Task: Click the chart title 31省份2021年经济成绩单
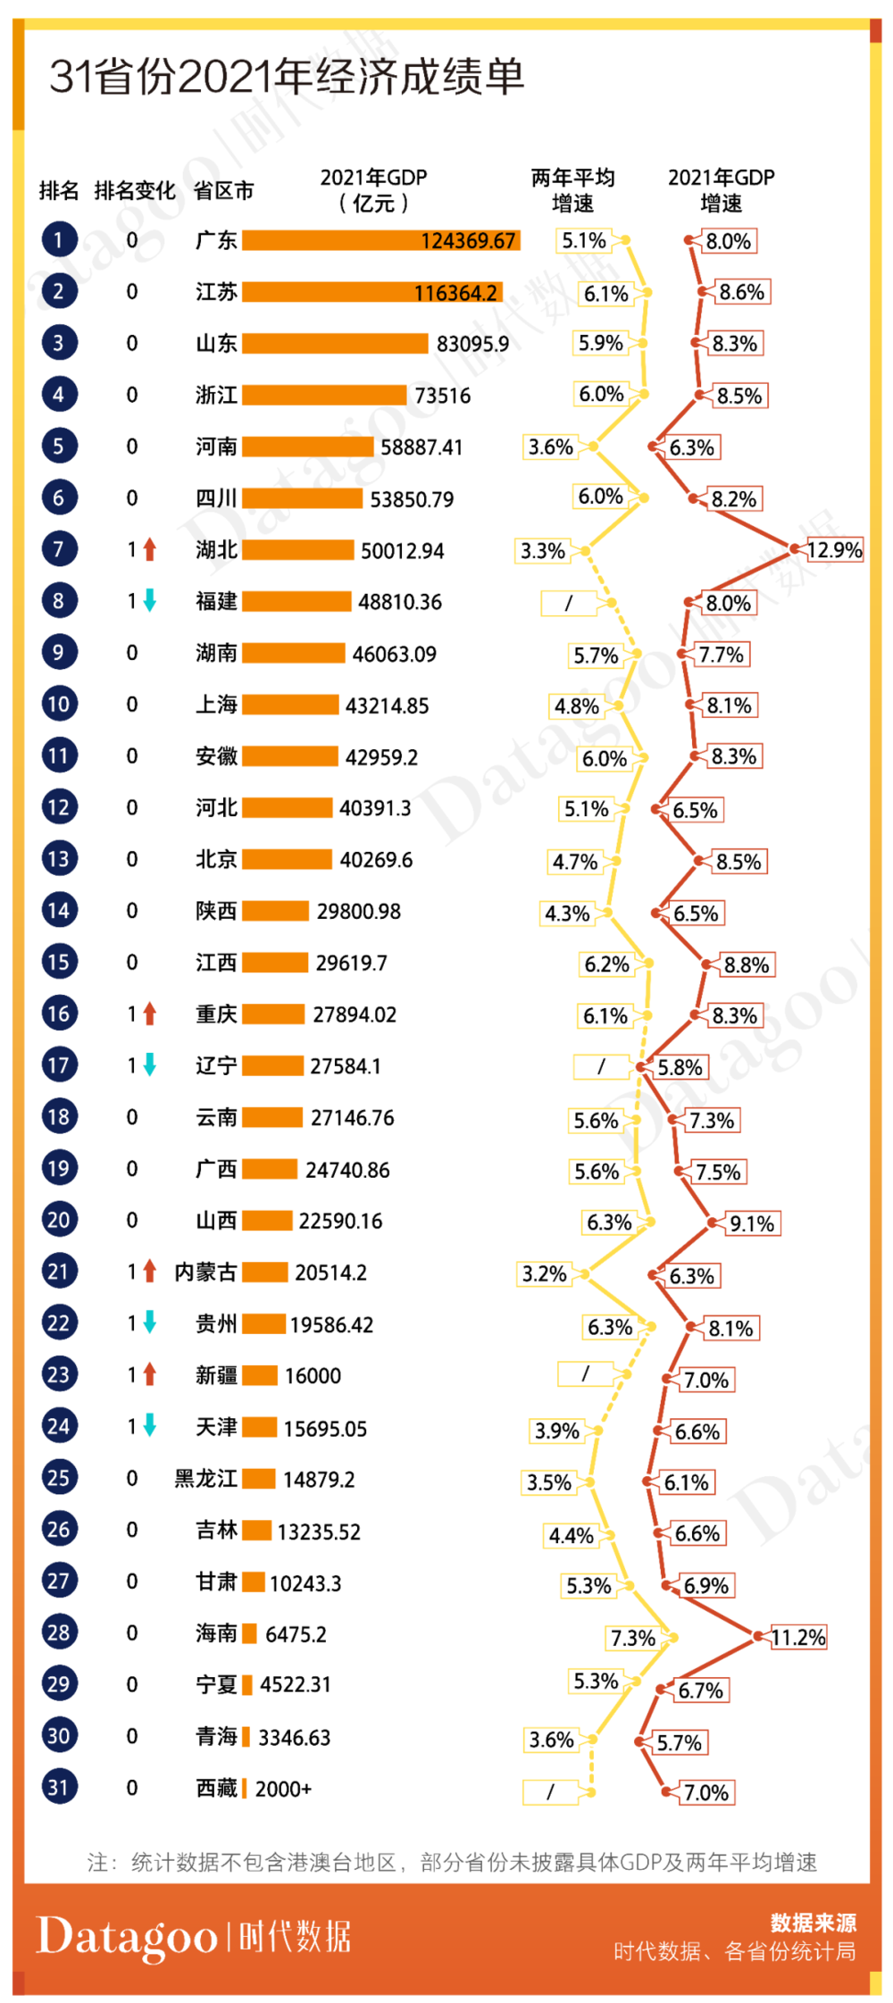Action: click(286, 77)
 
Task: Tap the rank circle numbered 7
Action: click(59, 549)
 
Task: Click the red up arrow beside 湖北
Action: click(150, 549)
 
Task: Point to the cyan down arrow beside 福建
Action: click(150, 601)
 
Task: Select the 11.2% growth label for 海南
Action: click(798, 1637)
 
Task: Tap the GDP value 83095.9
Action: click(472, 344)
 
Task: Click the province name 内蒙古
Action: click(205, 1272)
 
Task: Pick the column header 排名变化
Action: click(135, 190)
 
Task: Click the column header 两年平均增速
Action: click(572, 190)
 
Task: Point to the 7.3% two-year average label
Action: click(633, 1638)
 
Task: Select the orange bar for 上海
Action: click(290, 705)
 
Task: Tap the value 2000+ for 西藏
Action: click(283, 1788)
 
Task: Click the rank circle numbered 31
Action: click(59, 1787)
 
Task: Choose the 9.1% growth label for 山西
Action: click(752, 1223)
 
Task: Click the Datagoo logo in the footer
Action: click(127, 1937)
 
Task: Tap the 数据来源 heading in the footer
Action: click(813, 1923)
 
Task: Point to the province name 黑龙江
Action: click(205, 1479)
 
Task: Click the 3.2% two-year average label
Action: click(544, 1273)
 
